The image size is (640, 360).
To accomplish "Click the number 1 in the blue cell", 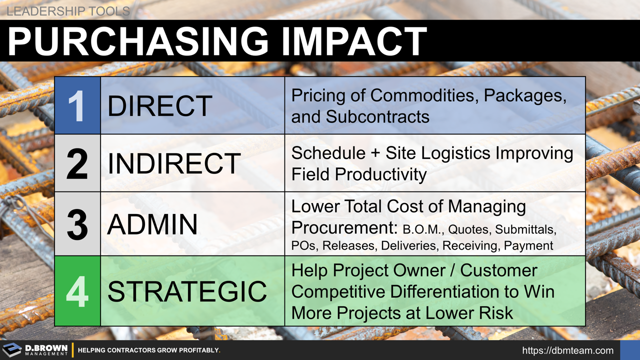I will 77,106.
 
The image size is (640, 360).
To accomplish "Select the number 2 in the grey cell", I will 77,163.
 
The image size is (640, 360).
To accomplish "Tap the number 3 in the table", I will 77,224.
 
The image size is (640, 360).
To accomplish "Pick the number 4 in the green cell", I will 77,291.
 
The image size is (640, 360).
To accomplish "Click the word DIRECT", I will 160,106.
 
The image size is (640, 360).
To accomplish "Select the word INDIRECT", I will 174,163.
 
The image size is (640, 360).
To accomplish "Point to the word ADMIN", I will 152,224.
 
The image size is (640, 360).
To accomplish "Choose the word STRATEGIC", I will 187,291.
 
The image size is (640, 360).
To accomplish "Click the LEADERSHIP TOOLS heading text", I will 68,11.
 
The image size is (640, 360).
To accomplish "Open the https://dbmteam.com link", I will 567,350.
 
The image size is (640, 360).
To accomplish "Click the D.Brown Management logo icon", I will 12,350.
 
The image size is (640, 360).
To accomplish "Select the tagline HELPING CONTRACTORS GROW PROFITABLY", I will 149,350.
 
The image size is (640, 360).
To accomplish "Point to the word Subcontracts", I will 377,116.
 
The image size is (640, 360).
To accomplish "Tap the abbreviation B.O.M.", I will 422,230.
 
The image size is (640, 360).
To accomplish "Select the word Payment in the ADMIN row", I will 528,245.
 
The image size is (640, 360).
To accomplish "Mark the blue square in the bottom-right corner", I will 629,350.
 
